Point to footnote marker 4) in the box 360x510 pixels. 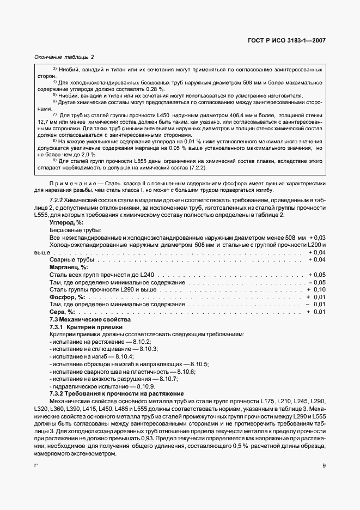point(54,82)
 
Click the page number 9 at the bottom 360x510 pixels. point(324,465)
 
